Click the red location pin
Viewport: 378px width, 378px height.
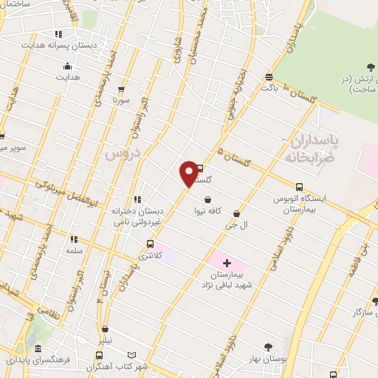pyautogui.click(x=189, y=173)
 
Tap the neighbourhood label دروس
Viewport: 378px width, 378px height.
pyautogui.click(x=122, y=154)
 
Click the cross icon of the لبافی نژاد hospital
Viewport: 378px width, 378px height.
pyautogui.click(x=227, y=262)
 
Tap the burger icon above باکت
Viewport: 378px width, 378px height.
pyautogui.click(x=269, y=77)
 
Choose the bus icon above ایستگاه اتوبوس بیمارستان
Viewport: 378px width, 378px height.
pyautogui.click(x=298, y=188)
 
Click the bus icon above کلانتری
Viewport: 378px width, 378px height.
pyautogui.click(x=151, y=244)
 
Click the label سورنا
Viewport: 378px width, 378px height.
pyautogui.click(x=122, y=98)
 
